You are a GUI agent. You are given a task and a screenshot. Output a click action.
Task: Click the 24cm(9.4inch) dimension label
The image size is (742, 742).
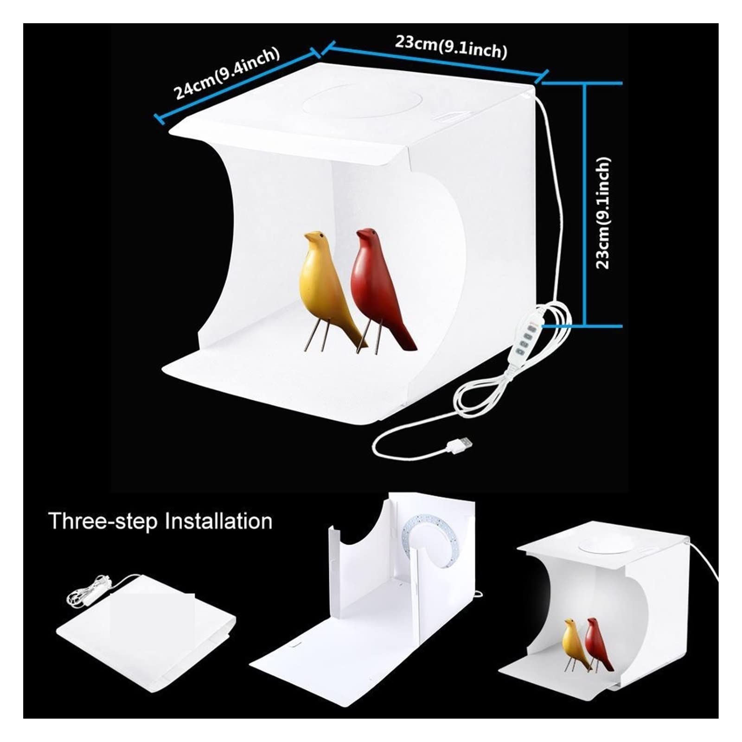227,73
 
